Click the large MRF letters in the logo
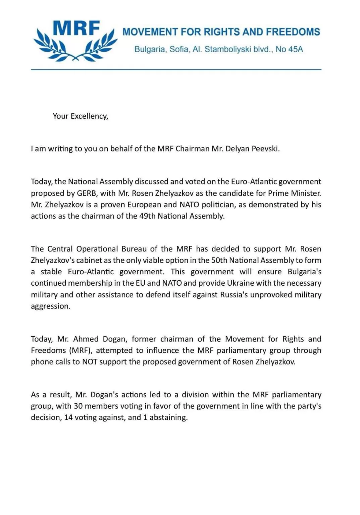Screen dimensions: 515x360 (76, 28)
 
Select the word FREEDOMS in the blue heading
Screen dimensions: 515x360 (293, 32)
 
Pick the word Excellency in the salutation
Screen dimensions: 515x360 (90, 116)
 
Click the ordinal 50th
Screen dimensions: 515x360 (219, 260)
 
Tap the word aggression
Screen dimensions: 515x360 (50, 306)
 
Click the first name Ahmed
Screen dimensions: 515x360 (86, 339)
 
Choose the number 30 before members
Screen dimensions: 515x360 (78, 406)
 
